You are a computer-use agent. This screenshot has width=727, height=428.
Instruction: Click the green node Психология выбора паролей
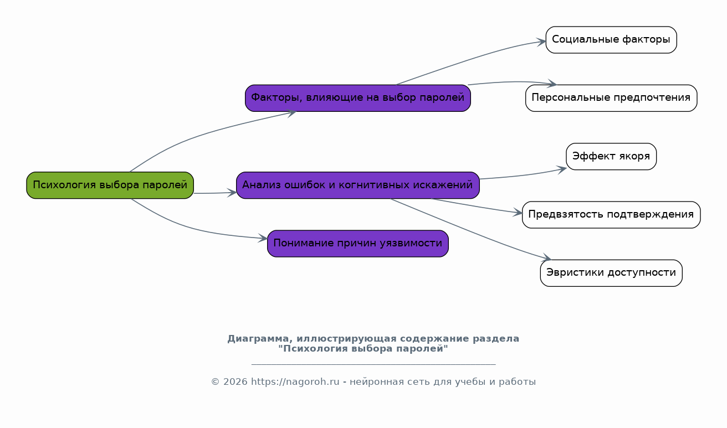(110, 185)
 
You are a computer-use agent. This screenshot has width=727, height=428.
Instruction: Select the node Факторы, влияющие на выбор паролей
(357, 98)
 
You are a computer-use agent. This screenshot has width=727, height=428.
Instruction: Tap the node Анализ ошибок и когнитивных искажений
(357, 185)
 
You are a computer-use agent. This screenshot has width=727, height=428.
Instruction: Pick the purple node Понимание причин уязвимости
(357, 244)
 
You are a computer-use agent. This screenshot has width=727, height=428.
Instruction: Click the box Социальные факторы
(611, 40)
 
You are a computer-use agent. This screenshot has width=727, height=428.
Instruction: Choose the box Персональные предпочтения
(611, 98)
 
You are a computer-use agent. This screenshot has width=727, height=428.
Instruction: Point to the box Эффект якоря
(611, 156)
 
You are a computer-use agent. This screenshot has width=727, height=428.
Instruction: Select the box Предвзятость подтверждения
(611, 215)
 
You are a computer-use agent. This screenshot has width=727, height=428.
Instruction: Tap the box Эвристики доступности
(611, 272)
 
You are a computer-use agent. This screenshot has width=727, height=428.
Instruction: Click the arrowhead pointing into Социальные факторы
(541, 42)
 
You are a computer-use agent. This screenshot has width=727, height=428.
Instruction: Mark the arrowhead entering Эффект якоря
(562, 169)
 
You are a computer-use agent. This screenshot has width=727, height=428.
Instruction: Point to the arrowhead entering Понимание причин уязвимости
(263, 238)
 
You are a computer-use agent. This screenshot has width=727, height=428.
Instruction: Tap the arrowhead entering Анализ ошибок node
(232, 193)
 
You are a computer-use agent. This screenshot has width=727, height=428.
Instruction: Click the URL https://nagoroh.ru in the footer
(295, 381)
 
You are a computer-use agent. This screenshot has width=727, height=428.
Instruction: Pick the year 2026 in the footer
(235, 381)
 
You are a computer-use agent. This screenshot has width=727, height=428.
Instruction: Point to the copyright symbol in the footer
(216, 381)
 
